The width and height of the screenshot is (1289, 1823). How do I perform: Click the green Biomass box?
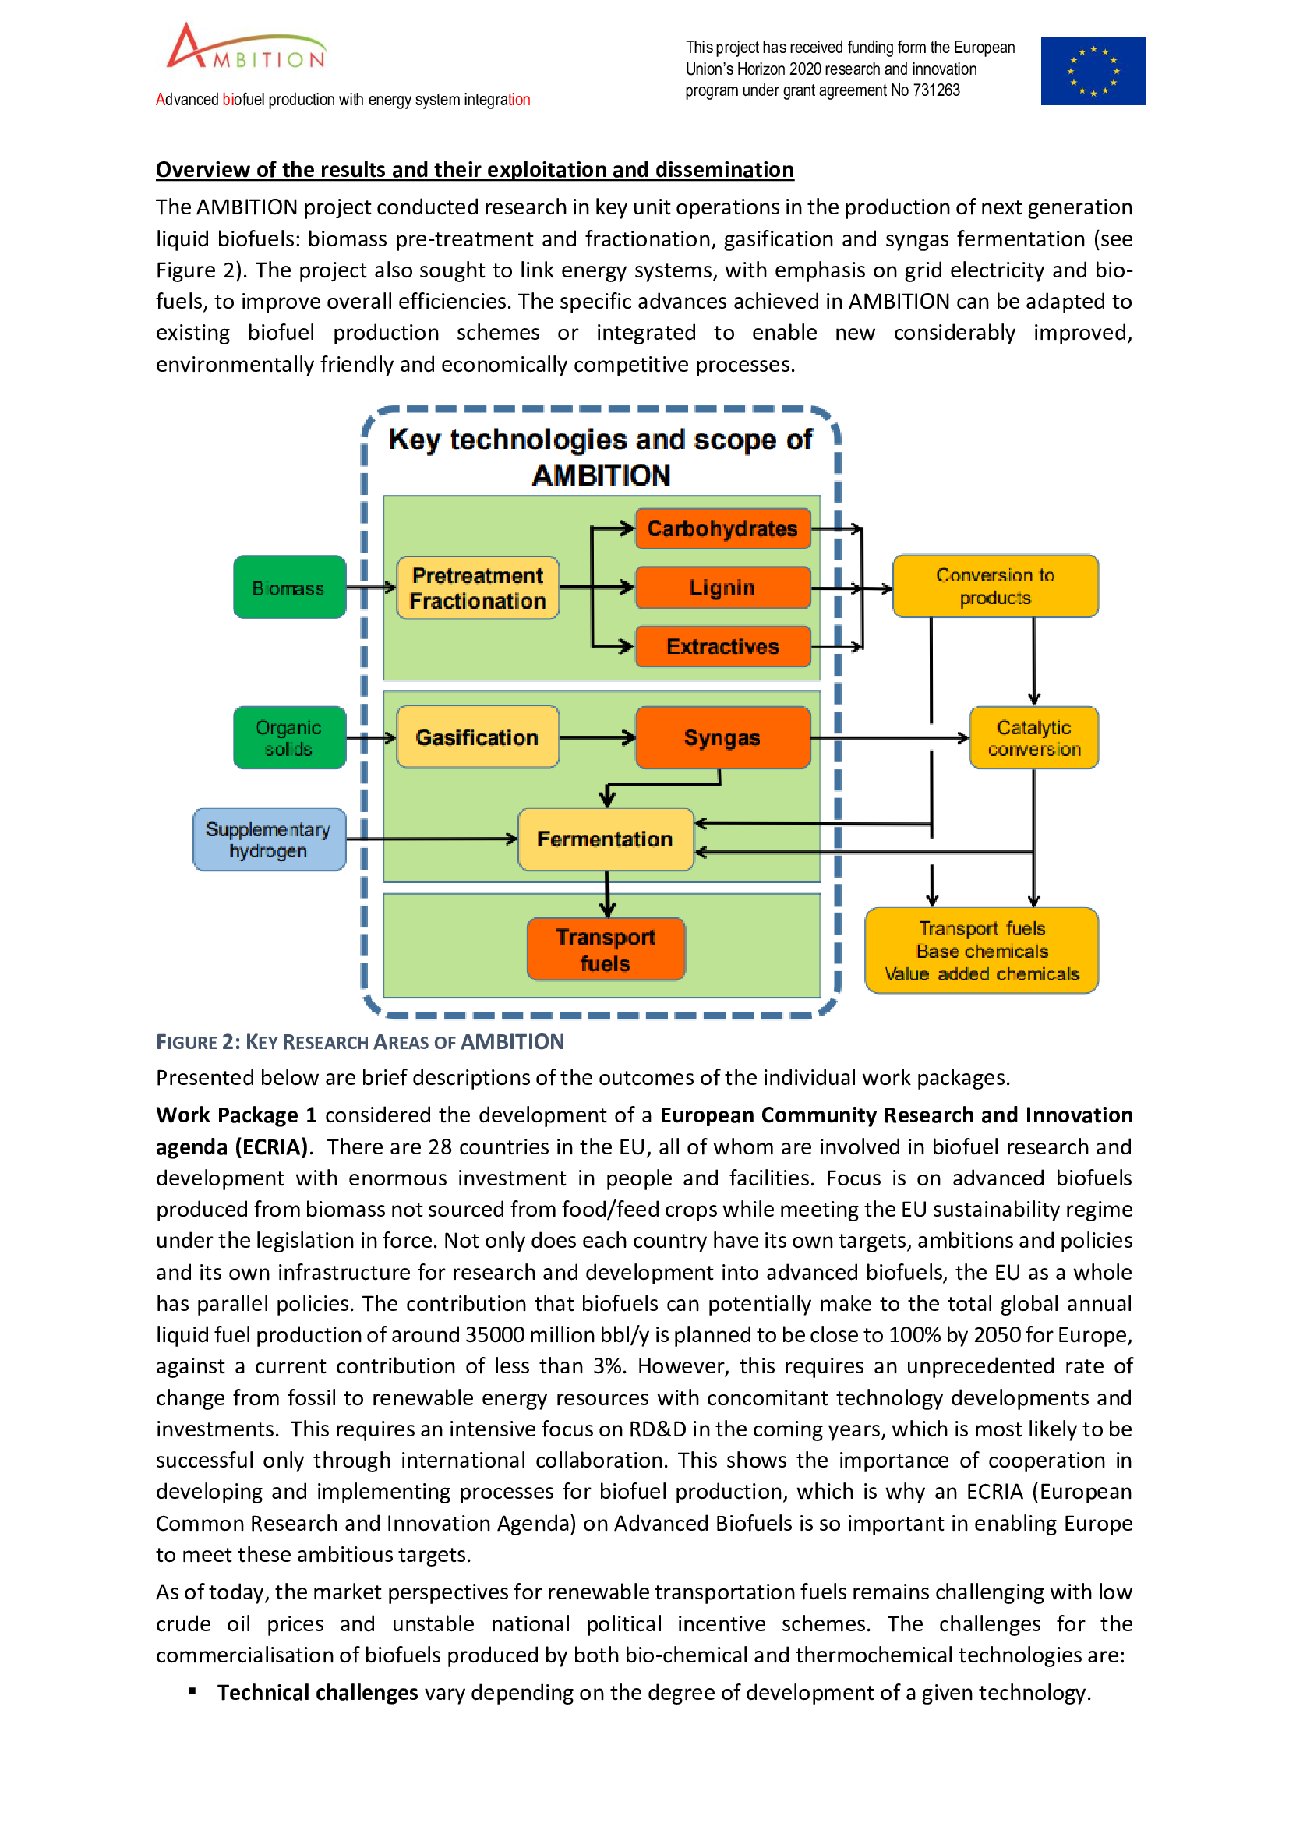click(289, 588)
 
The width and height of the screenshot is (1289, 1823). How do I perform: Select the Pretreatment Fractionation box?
click(477, 588)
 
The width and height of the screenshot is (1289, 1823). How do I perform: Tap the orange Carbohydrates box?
click(722, 528)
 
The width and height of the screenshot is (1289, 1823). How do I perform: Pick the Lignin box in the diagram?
click(722, 588)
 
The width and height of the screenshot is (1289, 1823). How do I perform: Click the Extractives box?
click(722, 646)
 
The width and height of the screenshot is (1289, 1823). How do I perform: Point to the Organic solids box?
click(289, 737)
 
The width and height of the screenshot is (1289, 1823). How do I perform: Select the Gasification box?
click(477, 737)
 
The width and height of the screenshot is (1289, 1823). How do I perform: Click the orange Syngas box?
click(722, 737)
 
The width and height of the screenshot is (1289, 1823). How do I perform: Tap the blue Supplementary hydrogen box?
click(269, 840)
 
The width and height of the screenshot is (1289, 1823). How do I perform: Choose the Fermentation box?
click(605, 839)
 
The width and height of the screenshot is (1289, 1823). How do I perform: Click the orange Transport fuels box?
click(606, 949)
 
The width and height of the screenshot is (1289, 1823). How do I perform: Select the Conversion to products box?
click(994, 587)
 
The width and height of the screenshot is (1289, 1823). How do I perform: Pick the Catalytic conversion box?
click(1033, 737)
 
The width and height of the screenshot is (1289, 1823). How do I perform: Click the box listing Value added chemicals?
click(981, 951)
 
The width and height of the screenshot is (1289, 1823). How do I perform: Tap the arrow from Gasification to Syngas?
click(597, 737)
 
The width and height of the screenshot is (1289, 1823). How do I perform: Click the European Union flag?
click(1093, 72)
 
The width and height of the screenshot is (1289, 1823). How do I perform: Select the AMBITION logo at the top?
click(246, 48)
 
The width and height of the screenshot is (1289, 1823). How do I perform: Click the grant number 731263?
click(936, 90)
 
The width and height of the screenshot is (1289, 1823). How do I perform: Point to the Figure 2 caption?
click(359, 1042)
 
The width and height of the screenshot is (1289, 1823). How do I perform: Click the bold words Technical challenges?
click(317, 1693)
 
